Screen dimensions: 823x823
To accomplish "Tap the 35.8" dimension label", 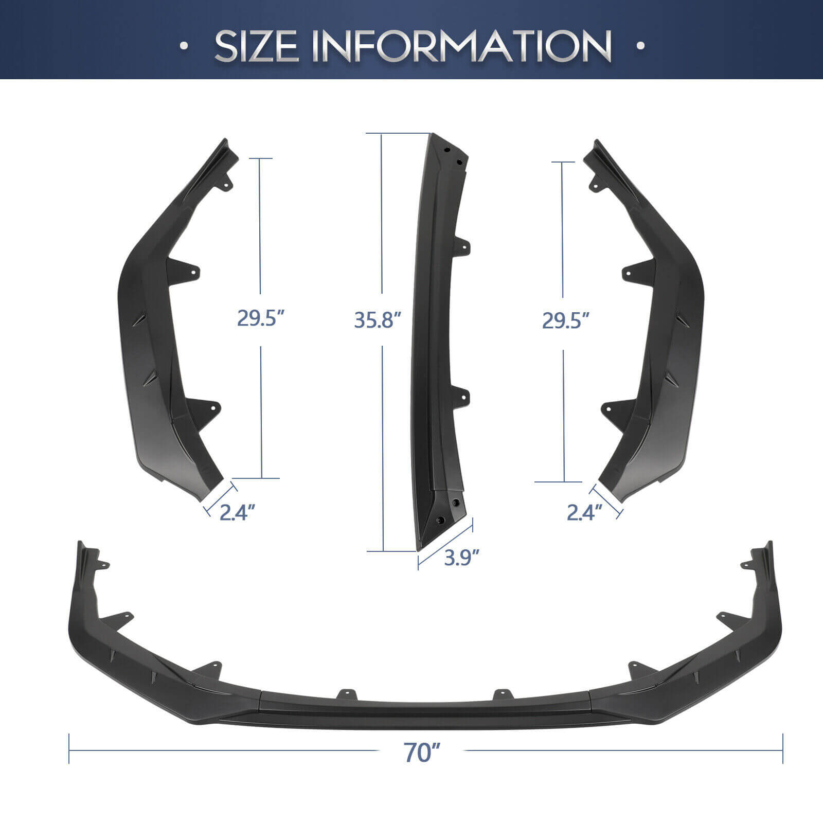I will tap(377, 320).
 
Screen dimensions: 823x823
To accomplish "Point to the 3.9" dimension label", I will tap(462, 558).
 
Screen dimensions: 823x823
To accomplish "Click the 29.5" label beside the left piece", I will tap(261, 318).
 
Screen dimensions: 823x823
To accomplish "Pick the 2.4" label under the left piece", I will tap(237, 513).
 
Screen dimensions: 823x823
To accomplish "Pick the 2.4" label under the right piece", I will tap(584, 512).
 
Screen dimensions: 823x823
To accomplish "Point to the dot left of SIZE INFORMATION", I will tap(184, 46).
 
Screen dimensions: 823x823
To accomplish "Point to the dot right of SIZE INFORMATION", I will tap(640, 46).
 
